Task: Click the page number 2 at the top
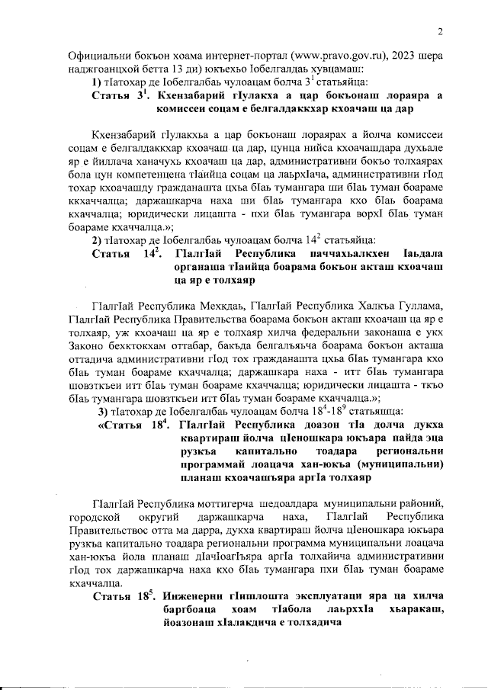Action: [440, 31]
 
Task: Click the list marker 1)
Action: [97, 82]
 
